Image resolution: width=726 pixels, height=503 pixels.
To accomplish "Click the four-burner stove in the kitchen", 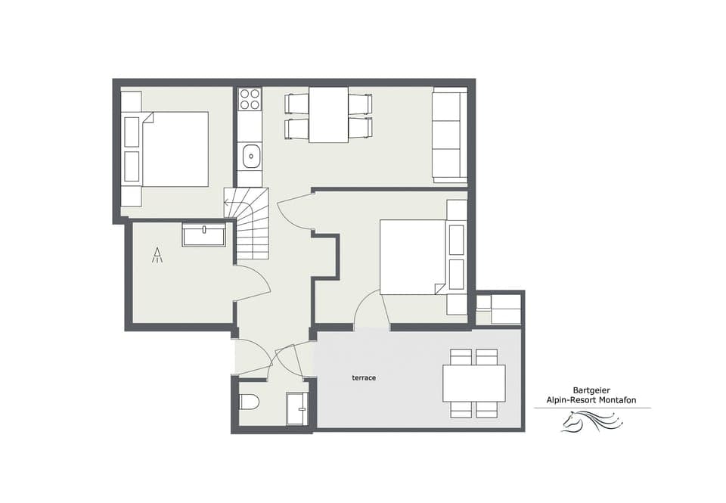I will pyautogui.click(x=250, y=100).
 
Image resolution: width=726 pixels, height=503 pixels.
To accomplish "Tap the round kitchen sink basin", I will pyautogui.click(x=250, y=157).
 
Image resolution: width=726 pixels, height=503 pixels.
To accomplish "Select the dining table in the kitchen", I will pyautogui.click(x=328, y=115).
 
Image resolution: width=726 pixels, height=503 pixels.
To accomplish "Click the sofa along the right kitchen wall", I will pyautogui.click(x=449, y=135).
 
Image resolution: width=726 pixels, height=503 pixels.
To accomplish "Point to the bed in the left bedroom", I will pyautogui.click(x=174, y=149).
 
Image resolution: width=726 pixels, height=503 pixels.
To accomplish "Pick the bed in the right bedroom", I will pyautogui.click(x=413, y=257).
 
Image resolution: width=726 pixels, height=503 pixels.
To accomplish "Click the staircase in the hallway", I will pyautogui.click(x=253, y=224).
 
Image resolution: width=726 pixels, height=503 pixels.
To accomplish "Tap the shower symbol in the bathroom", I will pyautogui.click(x=157, y=255).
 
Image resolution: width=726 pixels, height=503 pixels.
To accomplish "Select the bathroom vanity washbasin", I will pyautogui.click(x=203, y=235).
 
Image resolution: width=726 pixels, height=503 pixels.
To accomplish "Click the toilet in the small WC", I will pyautogui.click(x=249, y=401).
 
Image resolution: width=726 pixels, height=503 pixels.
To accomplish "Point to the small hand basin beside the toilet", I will pyautogui.click(x=297, y=409).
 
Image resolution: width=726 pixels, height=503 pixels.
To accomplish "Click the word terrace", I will pyautogui.click(x=364, y=377).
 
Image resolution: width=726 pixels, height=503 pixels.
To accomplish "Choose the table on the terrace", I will pyautogui.click(x=473, y=383).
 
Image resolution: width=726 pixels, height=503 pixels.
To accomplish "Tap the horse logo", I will pyautogui.click(x=591, y=421).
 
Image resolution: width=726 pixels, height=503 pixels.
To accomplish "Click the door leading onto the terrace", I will pyautogui.click(x=371, y=310).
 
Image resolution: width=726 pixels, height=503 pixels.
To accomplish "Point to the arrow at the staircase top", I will pyautogui.click(x=228, y=203).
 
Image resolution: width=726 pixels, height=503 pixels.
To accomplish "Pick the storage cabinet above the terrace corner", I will pyautogui.click(x=499, y=309).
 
